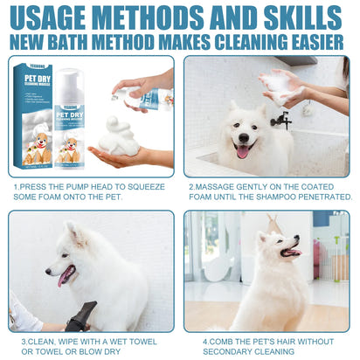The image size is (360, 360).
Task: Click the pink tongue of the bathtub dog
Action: coord(242,151)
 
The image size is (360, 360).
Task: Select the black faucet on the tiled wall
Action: coord(281,119)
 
